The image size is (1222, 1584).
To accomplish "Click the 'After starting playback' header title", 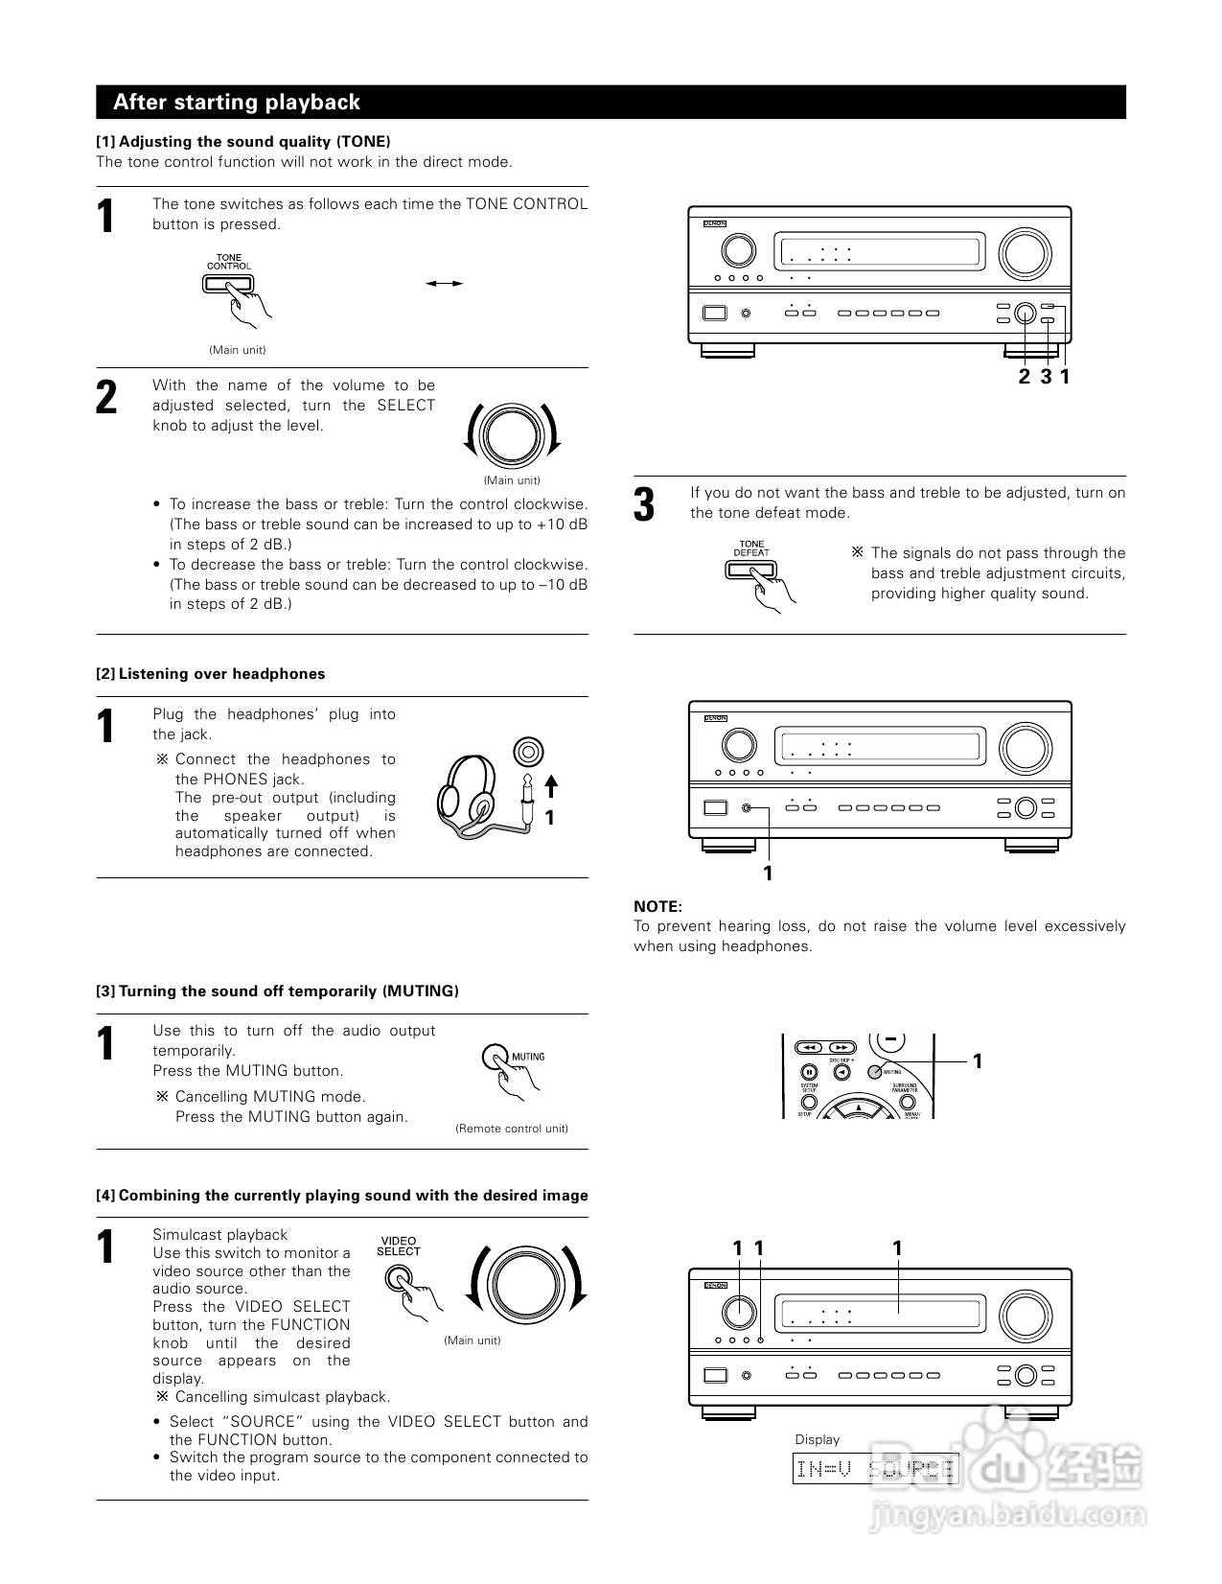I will point(237,103).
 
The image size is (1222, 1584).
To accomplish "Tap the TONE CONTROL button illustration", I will point(228,283).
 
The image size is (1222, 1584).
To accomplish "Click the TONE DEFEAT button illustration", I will point(750,570).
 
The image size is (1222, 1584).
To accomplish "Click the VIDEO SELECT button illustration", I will point(398,1278).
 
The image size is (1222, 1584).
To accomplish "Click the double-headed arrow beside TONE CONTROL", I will point(445,283).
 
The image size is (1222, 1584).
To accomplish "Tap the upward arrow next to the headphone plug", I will point(550,787).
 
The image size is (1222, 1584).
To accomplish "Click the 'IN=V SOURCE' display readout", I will point(875,1468).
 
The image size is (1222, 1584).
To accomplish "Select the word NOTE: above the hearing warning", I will point(657,906).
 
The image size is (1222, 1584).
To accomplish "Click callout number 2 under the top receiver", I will point(1024,377).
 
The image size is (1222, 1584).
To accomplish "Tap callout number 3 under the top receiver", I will point(1046,377).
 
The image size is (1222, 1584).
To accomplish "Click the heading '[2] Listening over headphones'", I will point(210,674).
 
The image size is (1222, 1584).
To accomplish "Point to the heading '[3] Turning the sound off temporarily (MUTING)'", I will point(277,991).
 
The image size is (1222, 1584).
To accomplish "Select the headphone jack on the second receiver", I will point(747,807).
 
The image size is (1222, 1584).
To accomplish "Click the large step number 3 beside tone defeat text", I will point(645,505).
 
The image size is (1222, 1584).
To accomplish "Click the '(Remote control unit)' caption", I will point(511,1129).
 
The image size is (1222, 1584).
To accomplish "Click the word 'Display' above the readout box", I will point(817,1439).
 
